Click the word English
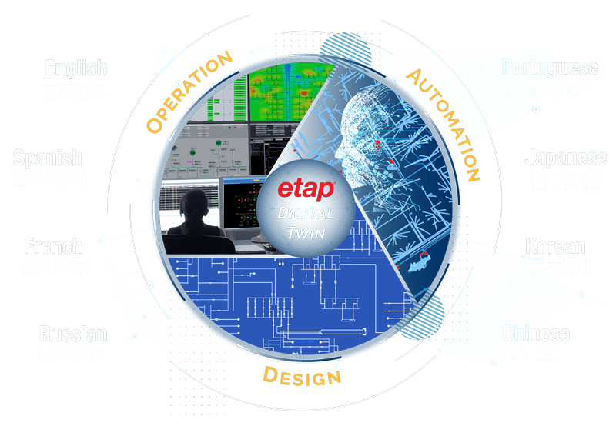(x=75, y=68)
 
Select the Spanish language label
(x=48, y=158)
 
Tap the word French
(x=53, y=247)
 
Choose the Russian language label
(x=73, y=334)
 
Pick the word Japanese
(x=566, y=158)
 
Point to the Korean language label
(x=555, y=247)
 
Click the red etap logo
(x=306, y=188)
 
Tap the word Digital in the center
(x=307, y=213)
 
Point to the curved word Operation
(x=189, y=92)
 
